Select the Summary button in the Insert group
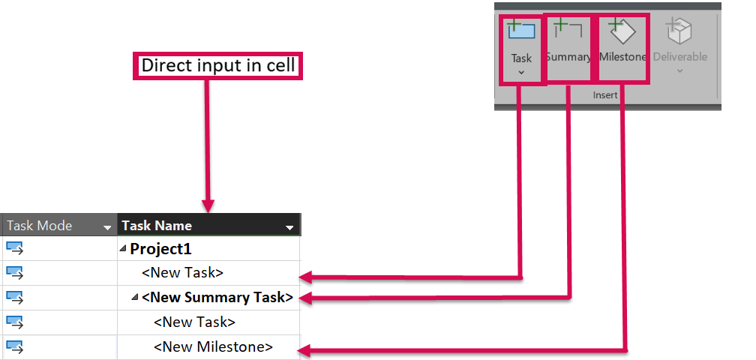(x=568, y=41)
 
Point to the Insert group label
(x=604, y=96)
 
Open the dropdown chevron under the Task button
(x=521, y=73)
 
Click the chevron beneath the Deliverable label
(x=679, y=71)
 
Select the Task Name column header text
(x=157, y=226)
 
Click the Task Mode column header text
(x=39, y=226)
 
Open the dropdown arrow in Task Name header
(x=289, y=226)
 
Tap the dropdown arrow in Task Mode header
(x=106, y=226)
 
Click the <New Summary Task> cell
(x=217, y=298)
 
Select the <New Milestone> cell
(x=213, y=346)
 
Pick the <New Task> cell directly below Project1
(x=182, y=273)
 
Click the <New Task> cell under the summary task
(x=194, y=322)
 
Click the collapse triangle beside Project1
(x=123, y=249)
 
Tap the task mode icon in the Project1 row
(x=15, y=248)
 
